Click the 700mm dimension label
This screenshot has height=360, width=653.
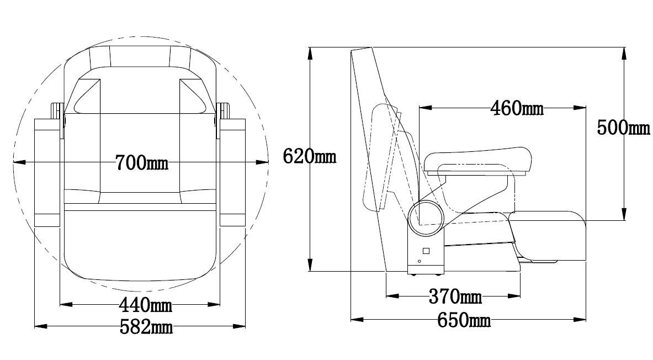pyautogui.click(x=142, y=162)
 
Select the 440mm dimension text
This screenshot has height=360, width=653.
pyautogui.click(x=145, y=305)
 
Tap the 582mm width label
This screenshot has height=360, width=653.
pyautogui.click(x=146, y=327)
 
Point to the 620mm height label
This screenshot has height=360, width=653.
pyautogui.click(x=310, y=157)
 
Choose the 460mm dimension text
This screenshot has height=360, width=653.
pyautogui.click(x=517, y=108)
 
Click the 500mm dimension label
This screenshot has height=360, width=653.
pyautogui.click(x=623, y=128)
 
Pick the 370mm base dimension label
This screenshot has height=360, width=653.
pyautogui.click(x=455, y=297)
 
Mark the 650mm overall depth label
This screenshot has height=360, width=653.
pyautogui.click(x=464, y=320)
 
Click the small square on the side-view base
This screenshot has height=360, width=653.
pyautogui.click(x=426, y=251)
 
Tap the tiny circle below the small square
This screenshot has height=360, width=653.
pyautogui.click(x=420, y=262)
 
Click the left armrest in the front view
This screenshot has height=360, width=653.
pyautogui.click(x=47, y=172)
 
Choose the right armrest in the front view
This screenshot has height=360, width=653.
pyautogui.click(x=232, y=172)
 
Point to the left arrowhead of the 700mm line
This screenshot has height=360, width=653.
pyautogui.click(x=19, y=162)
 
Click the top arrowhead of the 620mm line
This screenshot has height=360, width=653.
pyautogui.click(x=310, y=53)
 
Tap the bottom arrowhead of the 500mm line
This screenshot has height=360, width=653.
pyautogui.click(x=623, y=214)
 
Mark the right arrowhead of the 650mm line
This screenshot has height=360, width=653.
pyautogui.click(x=580, y=320)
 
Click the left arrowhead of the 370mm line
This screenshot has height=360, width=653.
pyautogui.click(x=392, y=297)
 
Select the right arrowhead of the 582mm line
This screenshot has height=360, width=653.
pyautogui.click(x=239, y=326)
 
